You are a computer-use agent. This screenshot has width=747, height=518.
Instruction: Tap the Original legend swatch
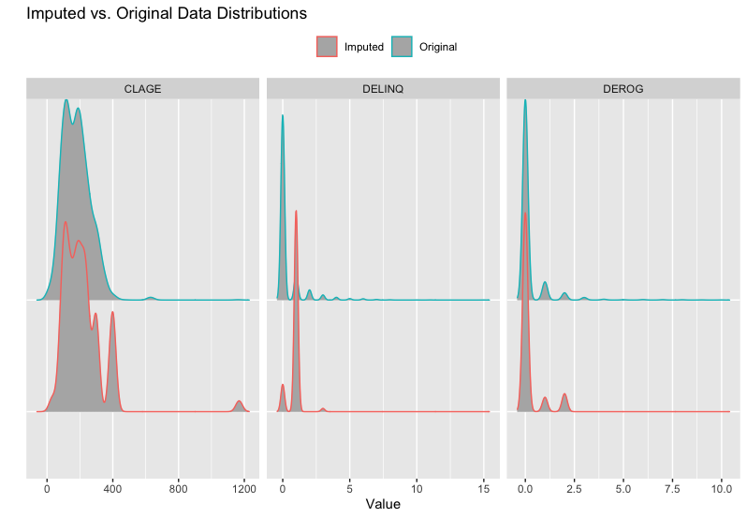click(402, 47)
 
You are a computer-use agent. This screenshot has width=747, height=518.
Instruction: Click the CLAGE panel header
click(142, 89)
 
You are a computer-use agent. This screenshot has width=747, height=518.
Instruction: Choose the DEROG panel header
click(622, 89)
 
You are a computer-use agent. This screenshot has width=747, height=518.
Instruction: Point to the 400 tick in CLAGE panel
click(112, 488)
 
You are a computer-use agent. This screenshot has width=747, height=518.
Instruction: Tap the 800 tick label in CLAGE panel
click(179, 488)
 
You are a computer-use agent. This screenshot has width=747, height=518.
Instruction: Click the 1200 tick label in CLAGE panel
click(244, 488)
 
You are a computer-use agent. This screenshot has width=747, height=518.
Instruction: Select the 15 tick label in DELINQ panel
click(484, 488)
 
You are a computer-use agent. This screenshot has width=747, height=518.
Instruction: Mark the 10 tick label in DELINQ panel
click(417, 488)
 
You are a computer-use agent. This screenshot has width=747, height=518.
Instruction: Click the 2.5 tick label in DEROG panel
click(574, 488)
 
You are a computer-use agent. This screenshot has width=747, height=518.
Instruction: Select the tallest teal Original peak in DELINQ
click(283, 116)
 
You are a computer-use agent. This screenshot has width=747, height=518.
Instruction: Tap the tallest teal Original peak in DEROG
click(525, 101)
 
